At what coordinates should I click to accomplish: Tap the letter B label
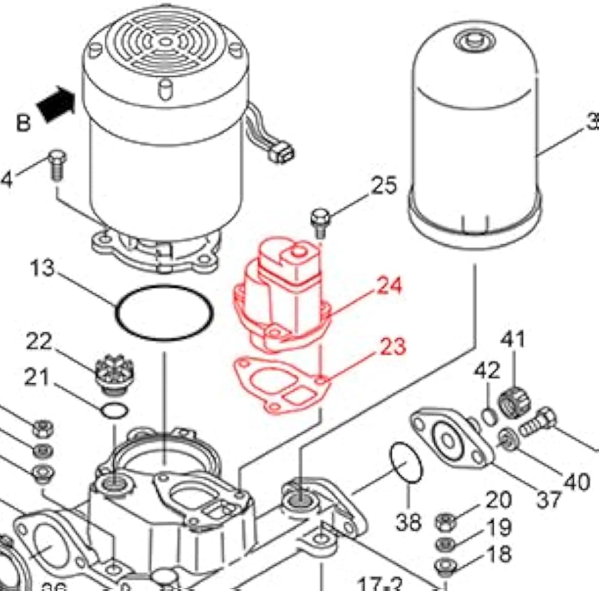click(22, 123)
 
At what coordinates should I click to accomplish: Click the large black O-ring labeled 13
click(164, 313)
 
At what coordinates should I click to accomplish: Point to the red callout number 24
click(389, 286)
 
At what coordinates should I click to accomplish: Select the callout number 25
click(383, 186)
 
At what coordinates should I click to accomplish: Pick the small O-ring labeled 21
click(113, 411)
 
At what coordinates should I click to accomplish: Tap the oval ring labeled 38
click(406, 463)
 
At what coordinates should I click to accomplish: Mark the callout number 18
click(498, 554)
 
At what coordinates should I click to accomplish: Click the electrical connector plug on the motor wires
click(282, 154)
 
